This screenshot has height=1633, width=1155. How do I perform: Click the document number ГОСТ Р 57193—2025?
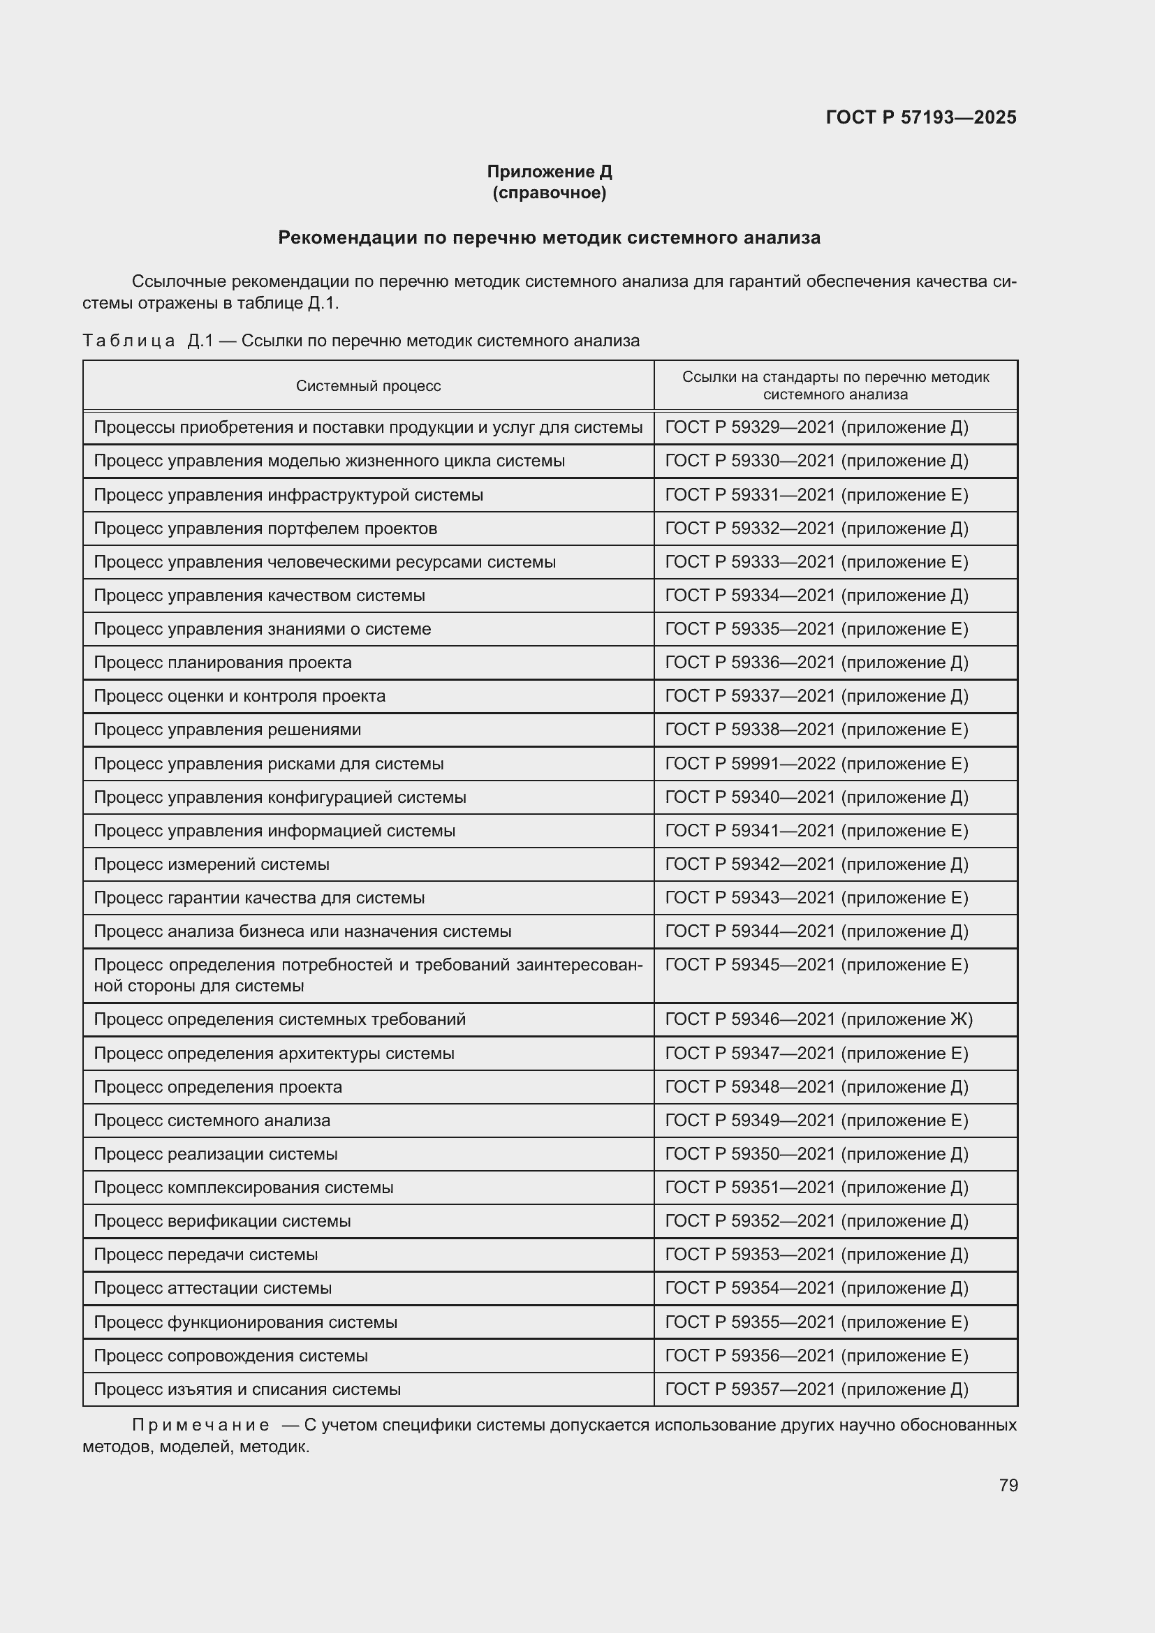[921, 117]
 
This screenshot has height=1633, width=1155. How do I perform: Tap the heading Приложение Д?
[549, 172]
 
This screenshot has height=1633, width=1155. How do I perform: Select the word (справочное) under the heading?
[549, 193]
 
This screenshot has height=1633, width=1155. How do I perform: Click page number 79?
[1008, 1485]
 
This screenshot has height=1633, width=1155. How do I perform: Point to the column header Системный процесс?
[369, 386]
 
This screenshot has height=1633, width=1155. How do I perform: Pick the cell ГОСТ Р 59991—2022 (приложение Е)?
[816, 764]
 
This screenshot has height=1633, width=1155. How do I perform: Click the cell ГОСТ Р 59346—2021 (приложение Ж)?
[818, 1019]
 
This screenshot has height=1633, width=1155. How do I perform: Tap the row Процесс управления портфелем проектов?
[265, 529]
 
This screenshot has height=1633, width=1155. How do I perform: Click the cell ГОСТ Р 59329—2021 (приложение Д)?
[816, 427]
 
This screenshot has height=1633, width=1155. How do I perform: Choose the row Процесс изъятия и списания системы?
[247, 1389]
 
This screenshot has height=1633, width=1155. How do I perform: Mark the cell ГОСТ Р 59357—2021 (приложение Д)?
[816, 1389]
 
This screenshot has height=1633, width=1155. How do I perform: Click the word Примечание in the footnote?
[200, 1426]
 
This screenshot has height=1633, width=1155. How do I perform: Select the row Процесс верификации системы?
[222, 1221]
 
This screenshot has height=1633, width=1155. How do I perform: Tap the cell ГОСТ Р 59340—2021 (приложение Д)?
[816, 797]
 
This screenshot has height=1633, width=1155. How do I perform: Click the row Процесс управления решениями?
[227, 730]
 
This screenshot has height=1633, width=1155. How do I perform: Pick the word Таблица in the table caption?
[128, 341]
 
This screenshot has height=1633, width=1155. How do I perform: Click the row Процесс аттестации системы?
[213, 1288]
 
